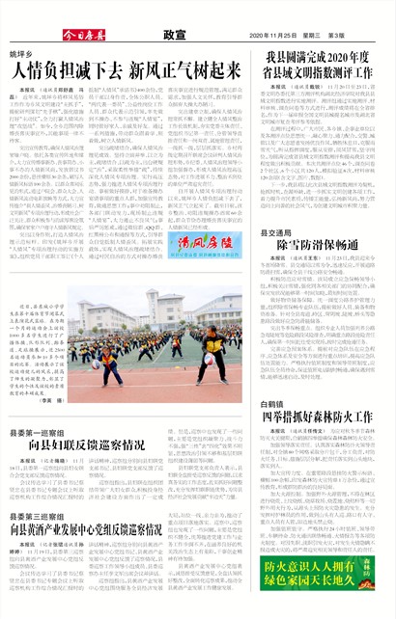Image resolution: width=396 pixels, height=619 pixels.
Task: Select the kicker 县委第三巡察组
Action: click(38, 518)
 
